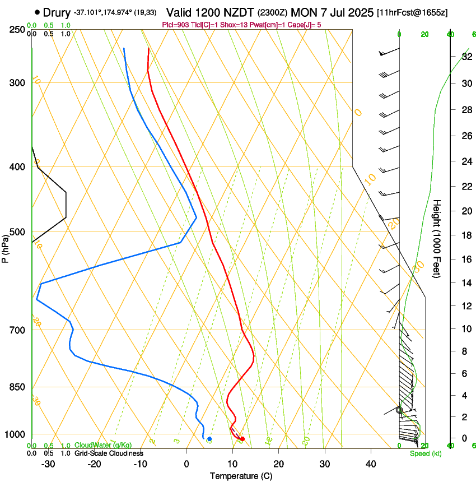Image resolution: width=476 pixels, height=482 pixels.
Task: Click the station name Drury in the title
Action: (57, 12)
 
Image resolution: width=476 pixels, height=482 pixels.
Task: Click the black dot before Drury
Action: (38, 12)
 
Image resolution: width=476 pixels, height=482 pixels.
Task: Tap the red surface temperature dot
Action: (242, 439)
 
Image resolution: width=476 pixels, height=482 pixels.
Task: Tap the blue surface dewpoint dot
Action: (209, 439)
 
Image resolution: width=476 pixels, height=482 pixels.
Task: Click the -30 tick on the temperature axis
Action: (48, 464)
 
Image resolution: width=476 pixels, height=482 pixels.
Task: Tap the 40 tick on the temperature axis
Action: (371, 464)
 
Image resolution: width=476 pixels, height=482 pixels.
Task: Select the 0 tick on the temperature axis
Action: (187, 464)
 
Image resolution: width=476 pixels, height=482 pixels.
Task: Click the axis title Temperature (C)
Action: (241, 476)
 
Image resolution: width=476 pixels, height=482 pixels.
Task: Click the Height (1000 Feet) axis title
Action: (437, 239)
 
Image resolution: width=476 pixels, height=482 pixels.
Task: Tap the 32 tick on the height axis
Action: (466, 57)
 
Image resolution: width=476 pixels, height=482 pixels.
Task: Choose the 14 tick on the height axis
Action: (466, 283)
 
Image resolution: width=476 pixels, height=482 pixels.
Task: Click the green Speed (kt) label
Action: (426, 453)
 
